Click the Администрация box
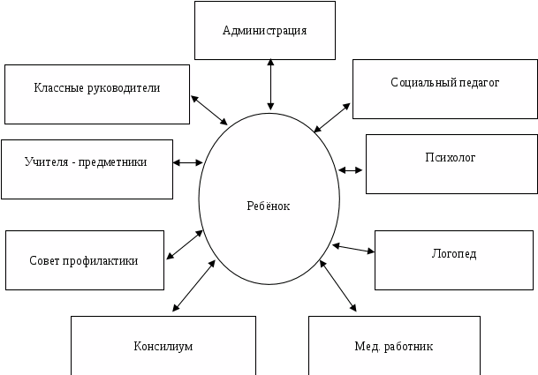pos(264,31)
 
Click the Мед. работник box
pos(394,345)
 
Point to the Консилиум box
pos(163,345)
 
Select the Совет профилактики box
pos(85,261)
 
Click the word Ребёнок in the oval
pos(269,206)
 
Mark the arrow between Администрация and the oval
pos(269,86)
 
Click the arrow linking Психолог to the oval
pos(352,169)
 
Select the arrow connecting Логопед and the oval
pos(354,249)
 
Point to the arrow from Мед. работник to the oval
pos(339,284)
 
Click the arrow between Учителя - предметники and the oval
pos(188,162)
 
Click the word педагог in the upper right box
pos(480,83)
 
